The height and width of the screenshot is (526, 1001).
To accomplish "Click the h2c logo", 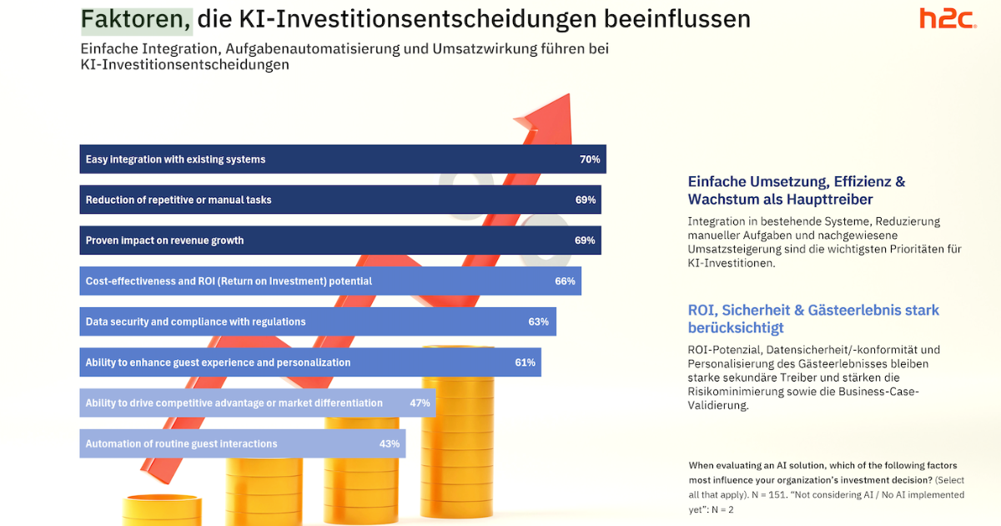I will (948, 18).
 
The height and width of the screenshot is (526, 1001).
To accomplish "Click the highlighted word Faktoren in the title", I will (136, 18).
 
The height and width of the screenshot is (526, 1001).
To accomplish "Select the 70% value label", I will (590, 159).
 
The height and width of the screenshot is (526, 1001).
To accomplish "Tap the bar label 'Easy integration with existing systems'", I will (175, 159).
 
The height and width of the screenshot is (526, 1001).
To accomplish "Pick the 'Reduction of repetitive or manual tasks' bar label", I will (179, 200).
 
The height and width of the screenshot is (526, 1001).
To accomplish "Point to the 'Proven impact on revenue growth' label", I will (164, 240).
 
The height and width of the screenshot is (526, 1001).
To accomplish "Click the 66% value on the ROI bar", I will (565, 281).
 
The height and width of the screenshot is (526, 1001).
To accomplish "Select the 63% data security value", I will (538, 322).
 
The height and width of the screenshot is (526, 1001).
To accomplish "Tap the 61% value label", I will (525, 363).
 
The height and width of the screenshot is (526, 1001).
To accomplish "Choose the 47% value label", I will (420, 403).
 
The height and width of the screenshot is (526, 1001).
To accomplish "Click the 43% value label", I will (390, 444).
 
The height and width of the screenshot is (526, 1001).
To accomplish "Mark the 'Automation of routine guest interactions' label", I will (181, 444).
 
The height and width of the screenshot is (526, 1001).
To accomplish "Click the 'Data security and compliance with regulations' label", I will (195, 322).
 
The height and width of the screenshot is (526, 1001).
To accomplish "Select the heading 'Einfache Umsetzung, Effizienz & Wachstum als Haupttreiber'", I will (796, 190).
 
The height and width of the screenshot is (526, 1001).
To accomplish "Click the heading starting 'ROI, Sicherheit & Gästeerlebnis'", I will (813, 319).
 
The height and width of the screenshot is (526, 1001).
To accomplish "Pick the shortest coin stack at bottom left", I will (151, 509).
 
